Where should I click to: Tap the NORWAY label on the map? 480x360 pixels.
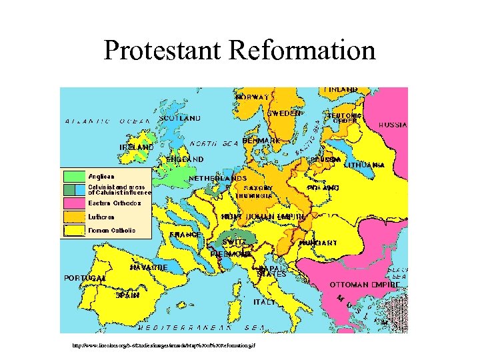[252, 97]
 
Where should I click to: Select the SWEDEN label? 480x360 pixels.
[284, 113]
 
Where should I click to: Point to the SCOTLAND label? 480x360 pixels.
[179, 118]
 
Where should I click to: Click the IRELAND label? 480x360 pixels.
[136, 147]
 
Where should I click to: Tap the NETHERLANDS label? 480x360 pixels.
[218, 179]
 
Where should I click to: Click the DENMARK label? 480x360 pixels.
[261, 141]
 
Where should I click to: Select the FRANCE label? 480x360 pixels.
[185, 235]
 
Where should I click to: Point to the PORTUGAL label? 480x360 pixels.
[85, 277]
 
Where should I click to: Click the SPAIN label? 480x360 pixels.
[127, 294]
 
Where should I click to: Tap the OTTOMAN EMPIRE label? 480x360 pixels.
[365, 284]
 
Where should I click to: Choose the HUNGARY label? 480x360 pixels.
[318, 243]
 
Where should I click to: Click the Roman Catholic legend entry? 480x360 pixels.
[111, 231]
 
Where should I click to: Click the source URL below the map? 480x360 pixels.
[160, 346]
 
